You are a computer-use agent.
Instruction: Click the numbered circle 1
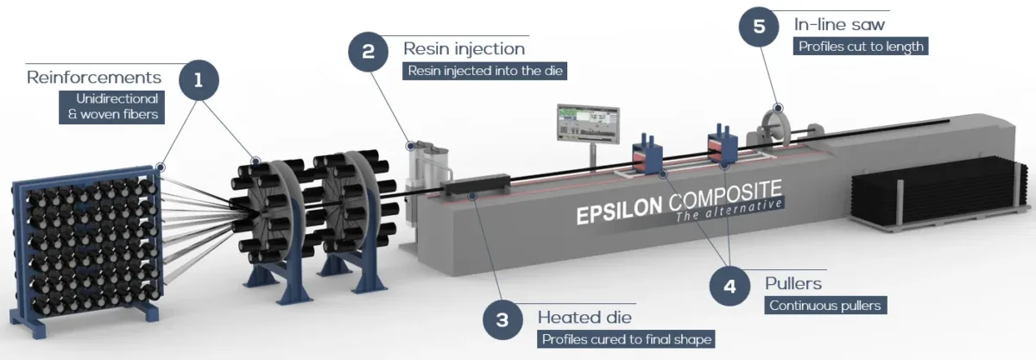[199, 81]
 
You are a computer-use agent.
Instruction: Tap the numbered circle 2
[369, 51]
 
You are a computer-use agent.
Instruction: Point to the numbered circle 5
[759, 27]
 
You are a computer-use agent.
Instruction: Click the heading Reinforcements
[94, 78]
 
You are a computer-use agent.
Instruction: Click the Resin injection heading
[464, 48]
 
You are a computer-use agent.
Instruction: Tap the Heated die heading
[585, 317]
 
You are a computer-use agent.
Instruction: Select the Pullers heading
[793, 282]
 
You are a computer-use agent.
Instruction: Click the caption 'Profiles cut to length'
[860, 46]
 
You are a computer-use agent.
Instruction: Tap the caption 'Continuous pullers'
[827, 305]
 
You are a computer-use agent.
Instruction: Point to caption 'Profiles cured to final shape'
[626, 339]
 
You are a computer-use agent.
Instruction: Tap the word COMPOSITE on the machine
[721, 193]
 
